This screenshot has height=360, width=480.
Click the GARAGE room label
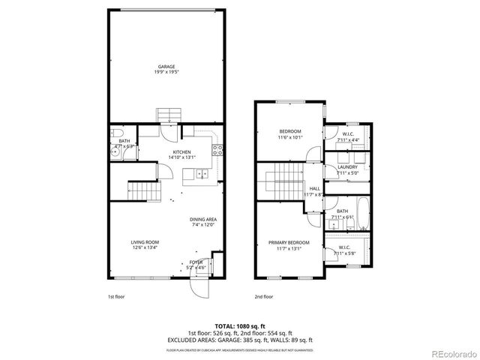(x=166, y=69)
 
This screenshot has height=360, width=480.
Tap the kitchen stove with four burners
(x=217, y=148)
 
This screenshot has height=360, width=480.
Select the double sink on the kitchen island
(x=201, y=174)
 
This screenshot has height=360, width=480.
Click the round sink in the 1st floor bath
(x=115, y=154)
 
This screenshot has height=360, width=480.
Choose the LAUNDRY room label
(x=347, y=167)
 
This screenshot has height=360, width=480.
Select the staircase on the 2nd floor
(x=280, y=181)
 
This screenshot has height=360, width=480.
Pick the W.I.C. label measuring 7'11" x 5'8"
(x=345, y=249)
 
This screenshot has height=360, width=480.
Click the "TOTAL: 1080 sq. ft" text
(x=240, y=326)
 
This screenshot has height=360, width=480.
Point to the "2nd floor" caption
(x=264, y=297)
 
